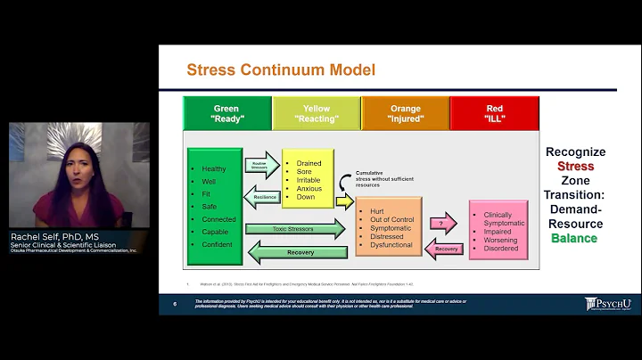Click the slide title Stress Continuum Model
pyautogui.click(x=280, y=70)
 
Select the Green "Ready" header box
pyautogui.click(x=226, y=114)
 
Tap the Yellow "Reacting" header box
pyautogui.click(x=316, y=114)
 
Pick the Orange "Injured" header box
pyautogui.click(x=405, y=114)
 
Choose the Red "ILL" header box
pyautogui.click(x=494, y=114)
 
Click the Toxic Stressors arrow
pyautogui.click(x=295, y=229)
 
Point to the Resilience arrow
pyautogui.click(x=265, y=197)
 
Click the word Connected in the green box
pyautogui.click(x=219, y=219)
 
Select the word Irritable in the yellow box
pyautogui.click(x=309, y=181)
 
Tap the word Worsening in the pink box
pyautogui.click(x=500, y=240)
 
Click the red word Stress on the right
pyautogui.click(x=575, y=167)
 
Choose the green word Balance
pyautogui.click(x=575, y=238)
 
